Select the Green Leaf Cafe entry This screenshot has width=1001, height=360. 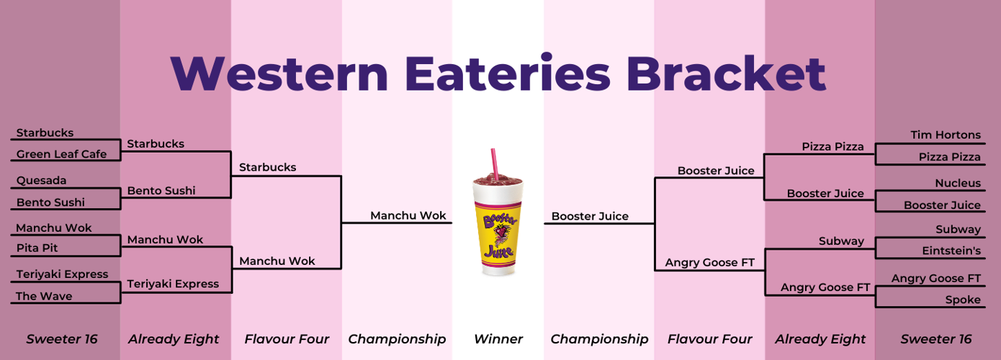point(61,154)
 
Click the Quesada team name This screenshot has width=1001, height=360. point(41,181)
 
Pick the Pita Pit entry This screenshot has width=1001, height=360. point(37,248)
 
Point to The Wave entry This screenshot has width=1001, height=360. point(44,296)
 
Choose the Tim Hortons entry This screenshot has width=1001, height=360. point(945,135)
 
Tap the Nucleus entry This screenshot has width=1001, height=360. point(957,183)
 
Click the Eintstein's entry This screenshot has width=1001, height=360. point(951,251)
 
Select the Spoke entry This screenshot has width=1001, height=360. point(963,300)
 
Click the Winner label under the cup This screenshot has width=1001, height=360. point(498,338)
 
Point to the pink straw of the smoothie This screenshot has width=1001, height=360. point(495,161)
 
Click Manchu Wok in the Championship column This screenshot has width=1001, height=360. point(408,215)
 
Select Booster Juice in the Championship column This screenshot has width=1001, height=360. point(590,216)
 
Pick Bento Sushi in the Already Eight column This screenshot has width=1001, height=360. point(161,191)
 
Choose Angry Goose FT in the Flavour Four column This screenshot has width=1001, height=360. point(709,263)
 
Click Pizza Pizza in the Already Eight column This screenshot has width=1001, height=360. point(832,147)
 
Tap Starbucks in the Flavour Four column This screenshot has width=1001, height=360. point(267,167)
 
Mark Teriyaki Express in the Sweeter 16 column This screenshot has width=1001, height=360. point(62,274)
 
